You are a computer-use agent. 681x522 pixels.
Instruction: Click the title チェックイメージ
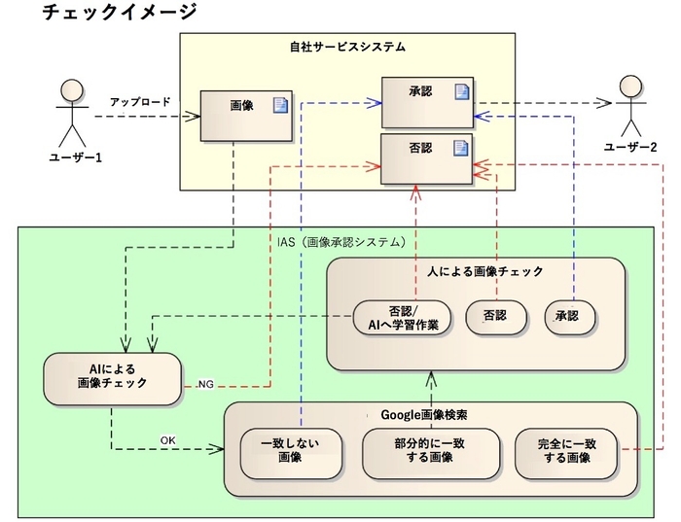[120, 13]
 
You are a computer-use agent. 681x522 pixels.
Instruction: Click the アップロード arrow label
[140, 102]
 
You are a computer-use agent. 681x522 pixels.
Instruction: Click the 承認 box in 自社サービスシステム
[426, 101]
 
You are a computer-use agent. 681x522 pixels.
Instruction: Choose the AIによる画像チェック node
[112, 376]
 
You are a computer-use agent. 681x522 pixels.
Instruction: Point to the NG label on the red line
[205, 384]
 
